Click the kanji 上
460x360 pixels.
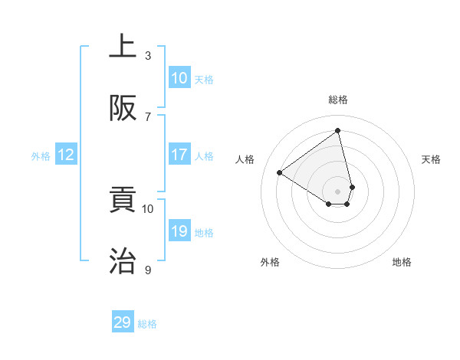[123, 47]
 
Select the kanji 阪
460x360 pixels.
[123, 108]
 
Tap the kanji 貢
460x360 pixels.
[123, 200]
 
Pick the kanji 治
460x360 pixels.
[123, 261]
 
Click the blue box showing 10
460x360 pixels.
[179, 78]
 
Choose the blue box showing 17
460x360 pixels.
[179, 155]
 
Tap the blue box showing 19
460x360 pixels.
[179, 231]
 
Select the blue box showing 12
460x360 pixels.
[66, 155]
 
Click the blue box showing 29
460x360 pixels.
[123, 322]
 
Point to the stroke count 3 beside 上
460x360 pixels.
[148, 56]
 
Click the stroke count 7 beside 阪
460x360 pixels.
[148, 116]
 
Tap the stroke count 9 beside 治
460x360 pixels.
[148, 270]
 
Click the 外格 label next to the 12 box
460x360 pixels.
[41, 155]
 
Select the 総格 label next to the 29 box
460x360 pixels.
[147, 324]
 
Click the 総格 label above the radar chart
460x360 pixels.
[338, 100]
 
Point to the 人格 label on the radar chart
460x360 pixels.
[245, 159]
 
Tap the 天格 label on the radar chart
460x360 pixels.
[431, 159]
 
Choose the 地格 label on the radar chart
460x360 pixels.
[402, 262]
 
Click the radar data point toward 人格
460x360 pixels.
[280, 173]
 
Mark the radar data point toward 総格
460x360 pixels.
[338, 131]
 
